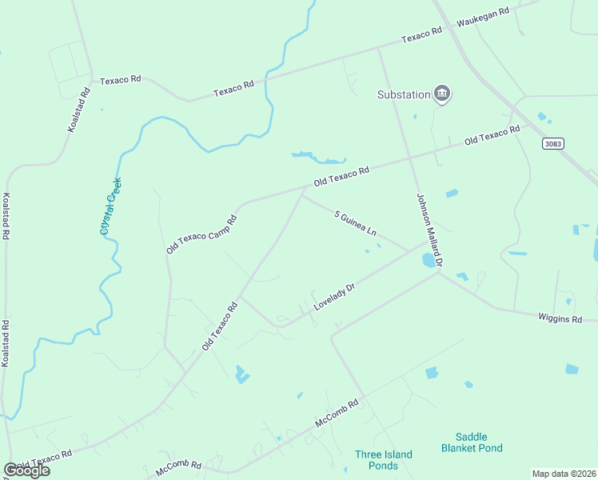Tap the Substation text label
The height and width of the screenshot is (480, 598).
(x=404, y=94)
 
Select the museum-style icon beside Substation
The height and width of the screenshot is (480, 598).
(x=442, y=94)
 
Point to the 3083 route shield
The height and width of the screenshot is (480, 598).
(x=552, y=143)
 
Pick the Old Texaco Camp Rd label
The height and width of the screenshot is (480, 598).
(x=201, y=234)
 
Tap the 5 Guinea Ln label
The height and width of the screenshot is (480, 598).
(x=355, y=223)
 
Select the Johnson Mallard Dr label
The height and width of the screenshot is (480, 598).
(x=429, y=230)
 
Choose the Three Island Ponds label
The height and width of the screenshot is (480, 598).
(x=384, y=460)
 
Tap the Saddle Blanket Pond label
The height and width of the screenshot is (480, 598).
(x=472, y=442)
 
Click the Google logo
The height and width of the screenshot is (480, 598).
(x=26, y=470)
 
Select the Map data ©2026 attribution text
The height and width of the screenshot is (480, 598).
(x=564, y=474)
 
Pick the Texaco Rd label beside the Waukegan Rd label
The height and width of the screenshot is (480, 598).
(x=421, y=35)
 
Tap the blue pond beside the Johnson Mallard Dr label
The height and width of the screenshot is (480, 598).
(x=429, y=260)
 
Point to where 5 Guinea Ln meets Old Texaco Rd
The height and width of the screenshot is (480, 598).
(x=302, y=192)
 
